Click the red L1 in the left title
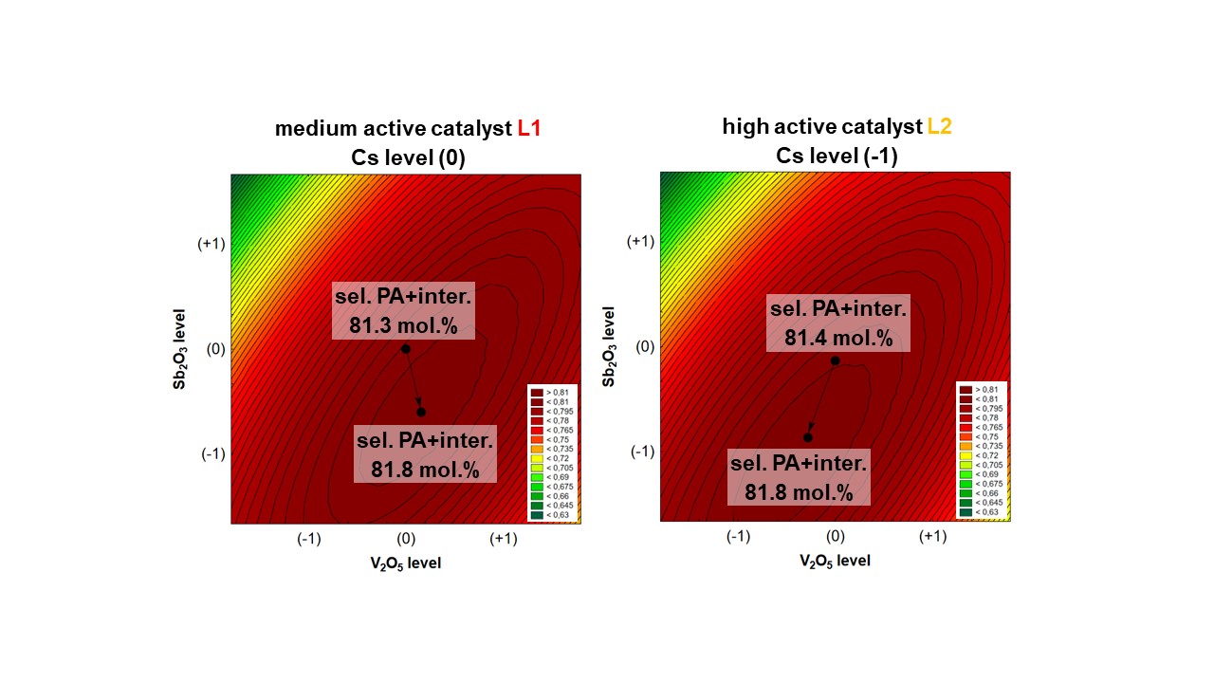point(530,129)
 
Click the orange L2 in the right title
point(939,126)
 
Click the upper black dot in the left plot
point(406,349)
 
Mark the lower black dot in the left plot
point(421,412)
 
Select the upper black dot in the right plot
point(836,360)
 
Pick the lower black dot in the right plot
point(808,437)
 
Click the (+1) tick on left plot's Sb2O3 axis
point(211,244)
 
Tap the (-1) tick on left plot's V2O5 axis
point(308,540)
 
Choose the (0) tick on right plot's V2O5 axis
point(836,537)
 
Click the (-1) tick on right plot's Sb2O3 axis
point(642,451)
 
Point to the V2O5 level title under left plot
point(405,563)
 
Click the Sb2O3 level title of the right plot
point(610,346)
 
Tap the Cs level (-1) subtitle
point(837,155)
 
